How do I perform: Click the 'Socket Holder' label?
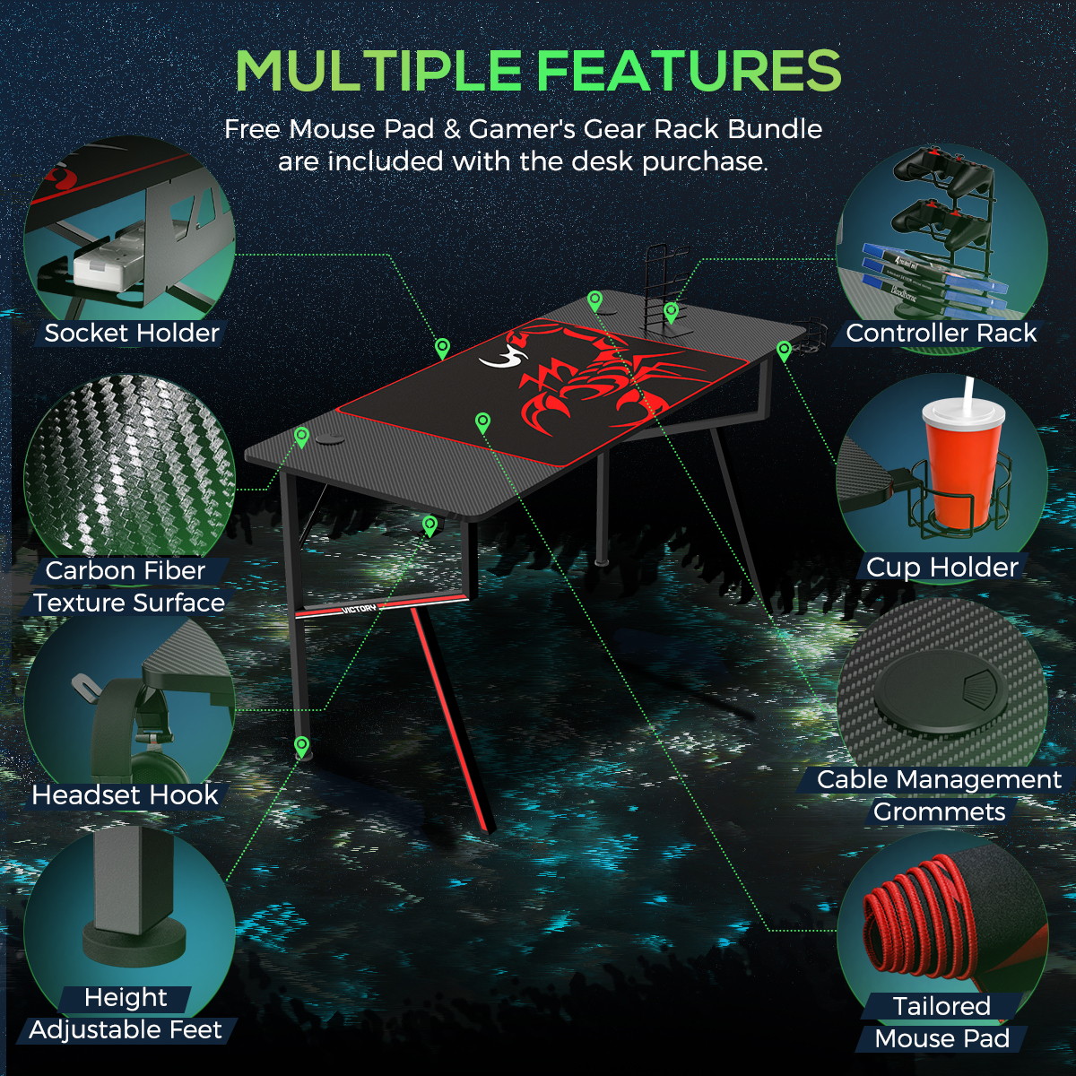click(132, 334)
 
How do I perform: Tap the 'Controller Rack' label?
click(941, 334)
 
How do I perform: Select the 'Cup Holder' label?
click(942, 568)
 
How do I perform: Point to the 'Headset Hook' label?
click(125, 795)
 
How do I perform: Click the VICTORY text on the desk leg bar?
click(359, 609)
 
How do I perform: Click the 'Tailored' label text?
click(942, 1006)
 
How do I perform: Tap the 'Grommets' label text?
click(939, 811)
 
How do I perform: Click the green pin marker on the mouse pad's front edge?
click(482, 422)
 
